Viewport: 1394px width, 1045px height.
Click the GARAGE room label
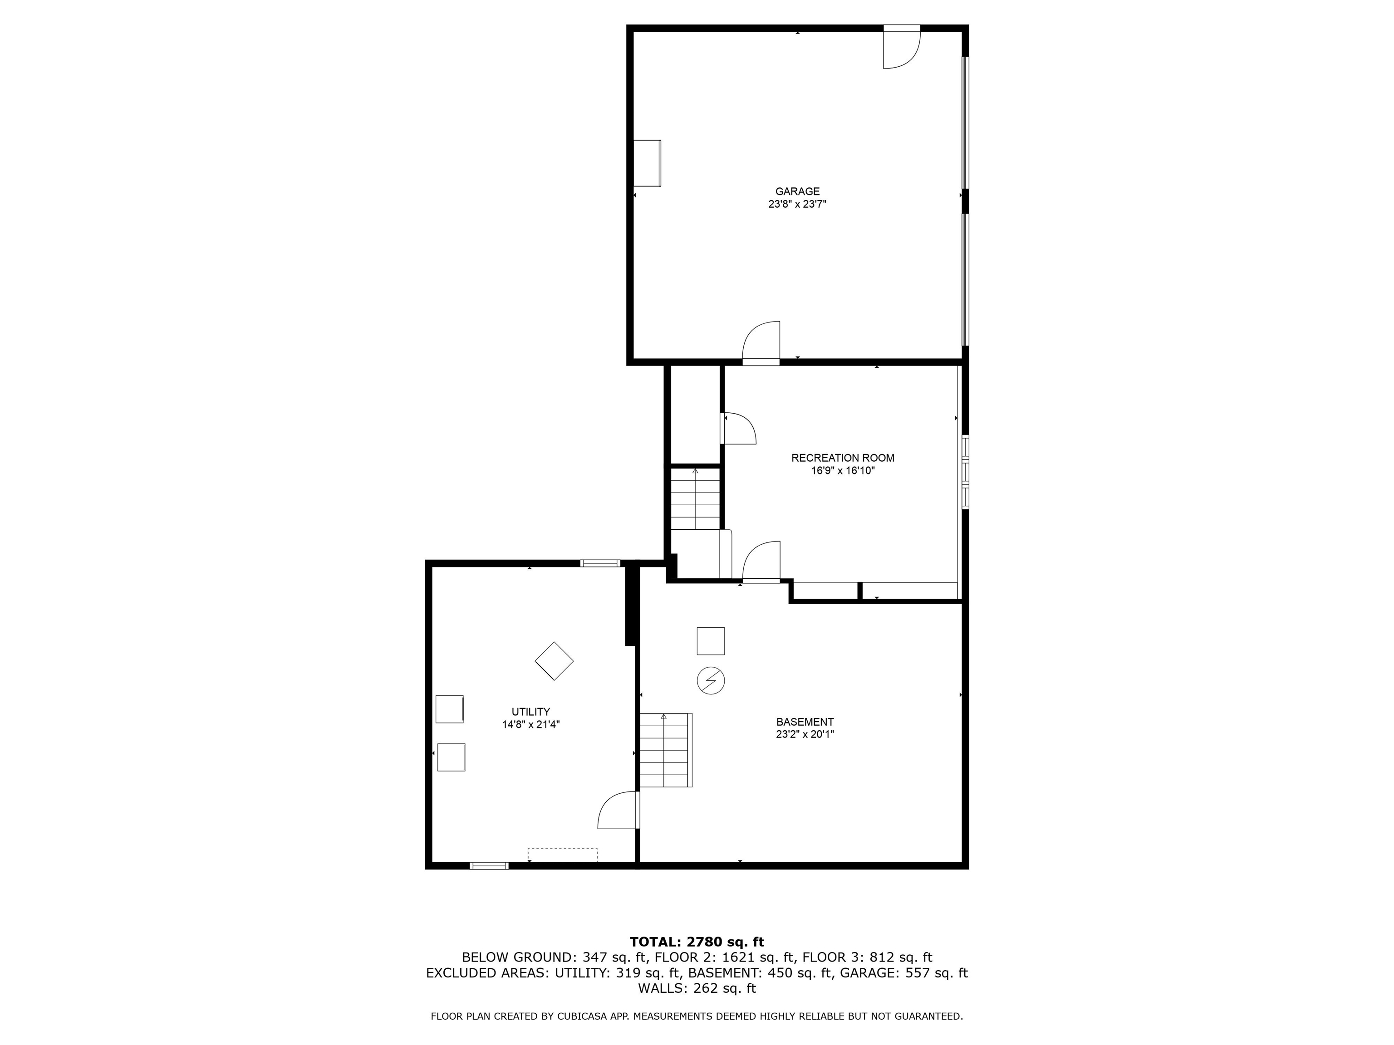click(x=797, y=191)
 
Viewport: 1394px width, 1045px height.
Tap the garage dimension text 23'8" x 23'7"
click(x=797, y=204)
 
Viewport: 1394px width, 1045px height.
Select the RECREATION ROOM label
click(x=843, y=458)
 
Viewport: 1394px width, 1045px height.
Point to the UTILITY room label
click(x=530, y=712)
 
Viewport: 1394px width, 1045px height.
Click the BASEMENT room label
click(x=805, y=722)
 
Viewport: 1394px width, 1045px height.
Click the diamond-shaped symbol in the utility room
click(x=554, y=661)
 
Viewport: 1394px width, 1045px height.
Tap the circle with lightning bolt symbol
click(x=711, y=681)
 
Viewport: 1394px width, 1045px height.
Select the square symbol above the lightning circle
click(x=710, y=641)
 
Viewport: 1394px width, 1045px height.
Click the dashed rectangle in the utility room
click(x=562, y=855)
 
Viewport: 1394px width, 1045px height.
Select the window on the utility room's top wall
click(x=600, y=563)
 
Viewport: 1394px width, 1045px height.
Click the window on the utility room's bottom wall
click(x=489, y=866)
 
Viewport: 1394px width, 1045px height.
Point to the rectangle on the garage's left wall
click(x=647, y=163)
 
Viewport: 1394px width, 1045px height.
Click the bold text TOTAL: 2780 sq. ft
click(x=697, y=942)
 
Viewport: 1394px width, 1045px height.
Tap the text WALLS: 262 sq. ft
click(x=697, y=988)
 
